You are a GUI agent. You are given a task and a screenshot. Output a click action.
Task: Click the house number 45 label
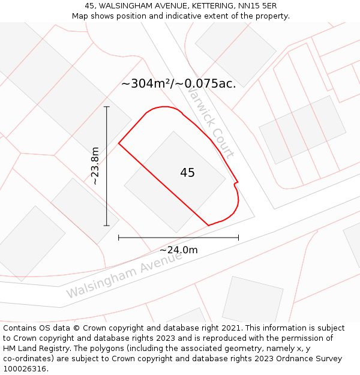click(x=187, y=173)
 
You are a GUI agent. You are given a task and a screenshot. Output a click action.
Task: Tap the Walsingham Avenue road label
click(x=124, y=275)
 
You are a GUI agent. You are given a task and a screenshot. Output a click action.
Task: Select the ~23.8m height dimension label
click(x=95, y=166)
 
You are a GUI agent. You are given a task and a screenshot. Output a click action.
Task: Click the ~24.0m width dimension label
click(x=178, y=250)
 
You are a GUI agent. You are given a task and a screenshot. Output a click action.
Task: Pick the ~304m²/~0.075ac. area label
click(x=178, y=83)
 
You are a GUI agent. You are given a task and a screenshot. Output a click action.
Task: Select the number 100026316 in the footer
click(x=25, y=369)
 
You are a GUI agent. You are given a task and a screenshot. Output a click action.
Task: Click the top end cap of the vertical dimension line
click(x=107, y=107)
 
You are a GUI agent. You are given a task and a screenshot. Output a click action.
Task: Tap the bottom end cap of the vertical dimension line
click(x=107, y=226)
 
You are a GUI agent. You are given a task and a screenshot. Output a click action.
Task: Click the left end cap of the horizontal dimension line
click(x=119, y=238)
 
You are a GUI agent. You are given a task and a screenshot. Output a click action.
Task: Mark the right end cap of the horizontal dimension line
click(x=238, y=238)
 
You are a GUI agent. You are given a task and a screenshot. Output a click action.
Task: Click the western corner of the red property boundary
click(x=119, y=143)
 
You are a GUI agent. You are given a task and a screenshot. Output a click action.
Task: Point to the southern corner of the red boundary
click(x=208, y=226)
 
